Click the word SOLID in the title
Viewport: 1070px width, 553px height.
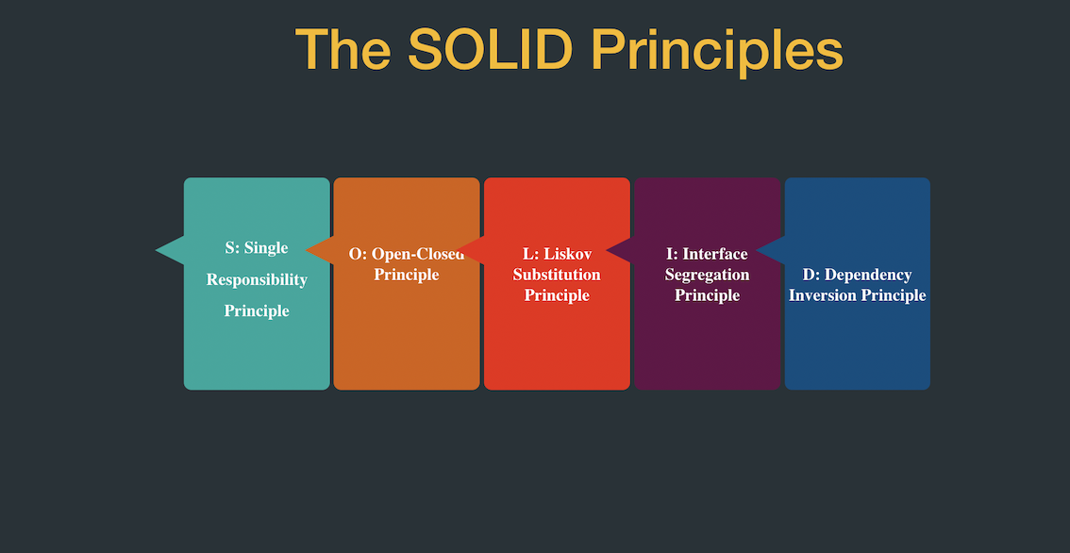point(490,49)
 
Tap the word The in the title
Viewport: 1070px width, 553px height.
point(343,49)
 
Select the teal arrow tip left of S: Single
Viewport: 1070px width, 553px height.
point(170,249)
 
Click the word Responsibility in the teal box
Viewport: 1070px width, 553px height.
point(257,279)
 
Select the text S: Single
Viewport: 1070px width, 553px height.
point(257,248)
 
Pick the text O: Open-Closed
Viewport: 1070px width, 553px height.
point(406,254)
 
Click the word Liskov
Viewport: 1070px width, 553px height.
point(566,254)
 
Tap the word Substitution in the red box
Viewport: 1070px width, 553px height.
point(557,275)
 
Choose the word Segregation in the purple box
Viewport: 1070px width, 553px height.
point(707,275)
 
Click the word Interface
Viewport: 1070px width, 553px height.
point(714,254)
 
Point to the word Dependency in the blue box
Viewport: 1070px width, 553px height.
point(868,275)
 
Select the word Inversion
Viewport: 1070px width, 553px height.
point(822,295)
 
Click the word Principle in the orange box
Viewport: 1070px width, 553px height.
point(406,275)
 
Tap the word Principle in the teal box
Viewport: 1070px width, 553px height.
point(257,310)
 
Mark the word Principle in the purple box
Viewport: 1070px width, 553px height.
point(707,295)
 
